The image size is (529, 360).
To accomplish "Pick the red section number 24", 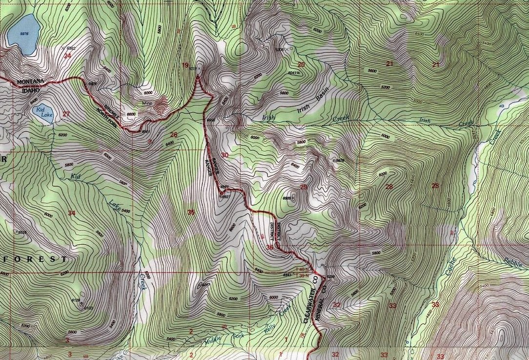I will click(x=67, y=55).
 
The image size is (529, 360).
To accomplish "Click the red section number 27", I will click(x=66, y=114).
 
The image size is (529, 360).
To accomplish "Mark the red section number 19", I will click(x=185, y=65).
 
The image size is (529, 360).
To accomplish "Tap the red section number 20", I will click(x=301, y=64).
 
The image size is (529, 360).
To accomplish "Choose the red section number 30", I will click(x=224, y=155).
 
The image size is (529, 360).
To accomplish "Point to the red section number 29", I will click(x=304, y=187).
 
